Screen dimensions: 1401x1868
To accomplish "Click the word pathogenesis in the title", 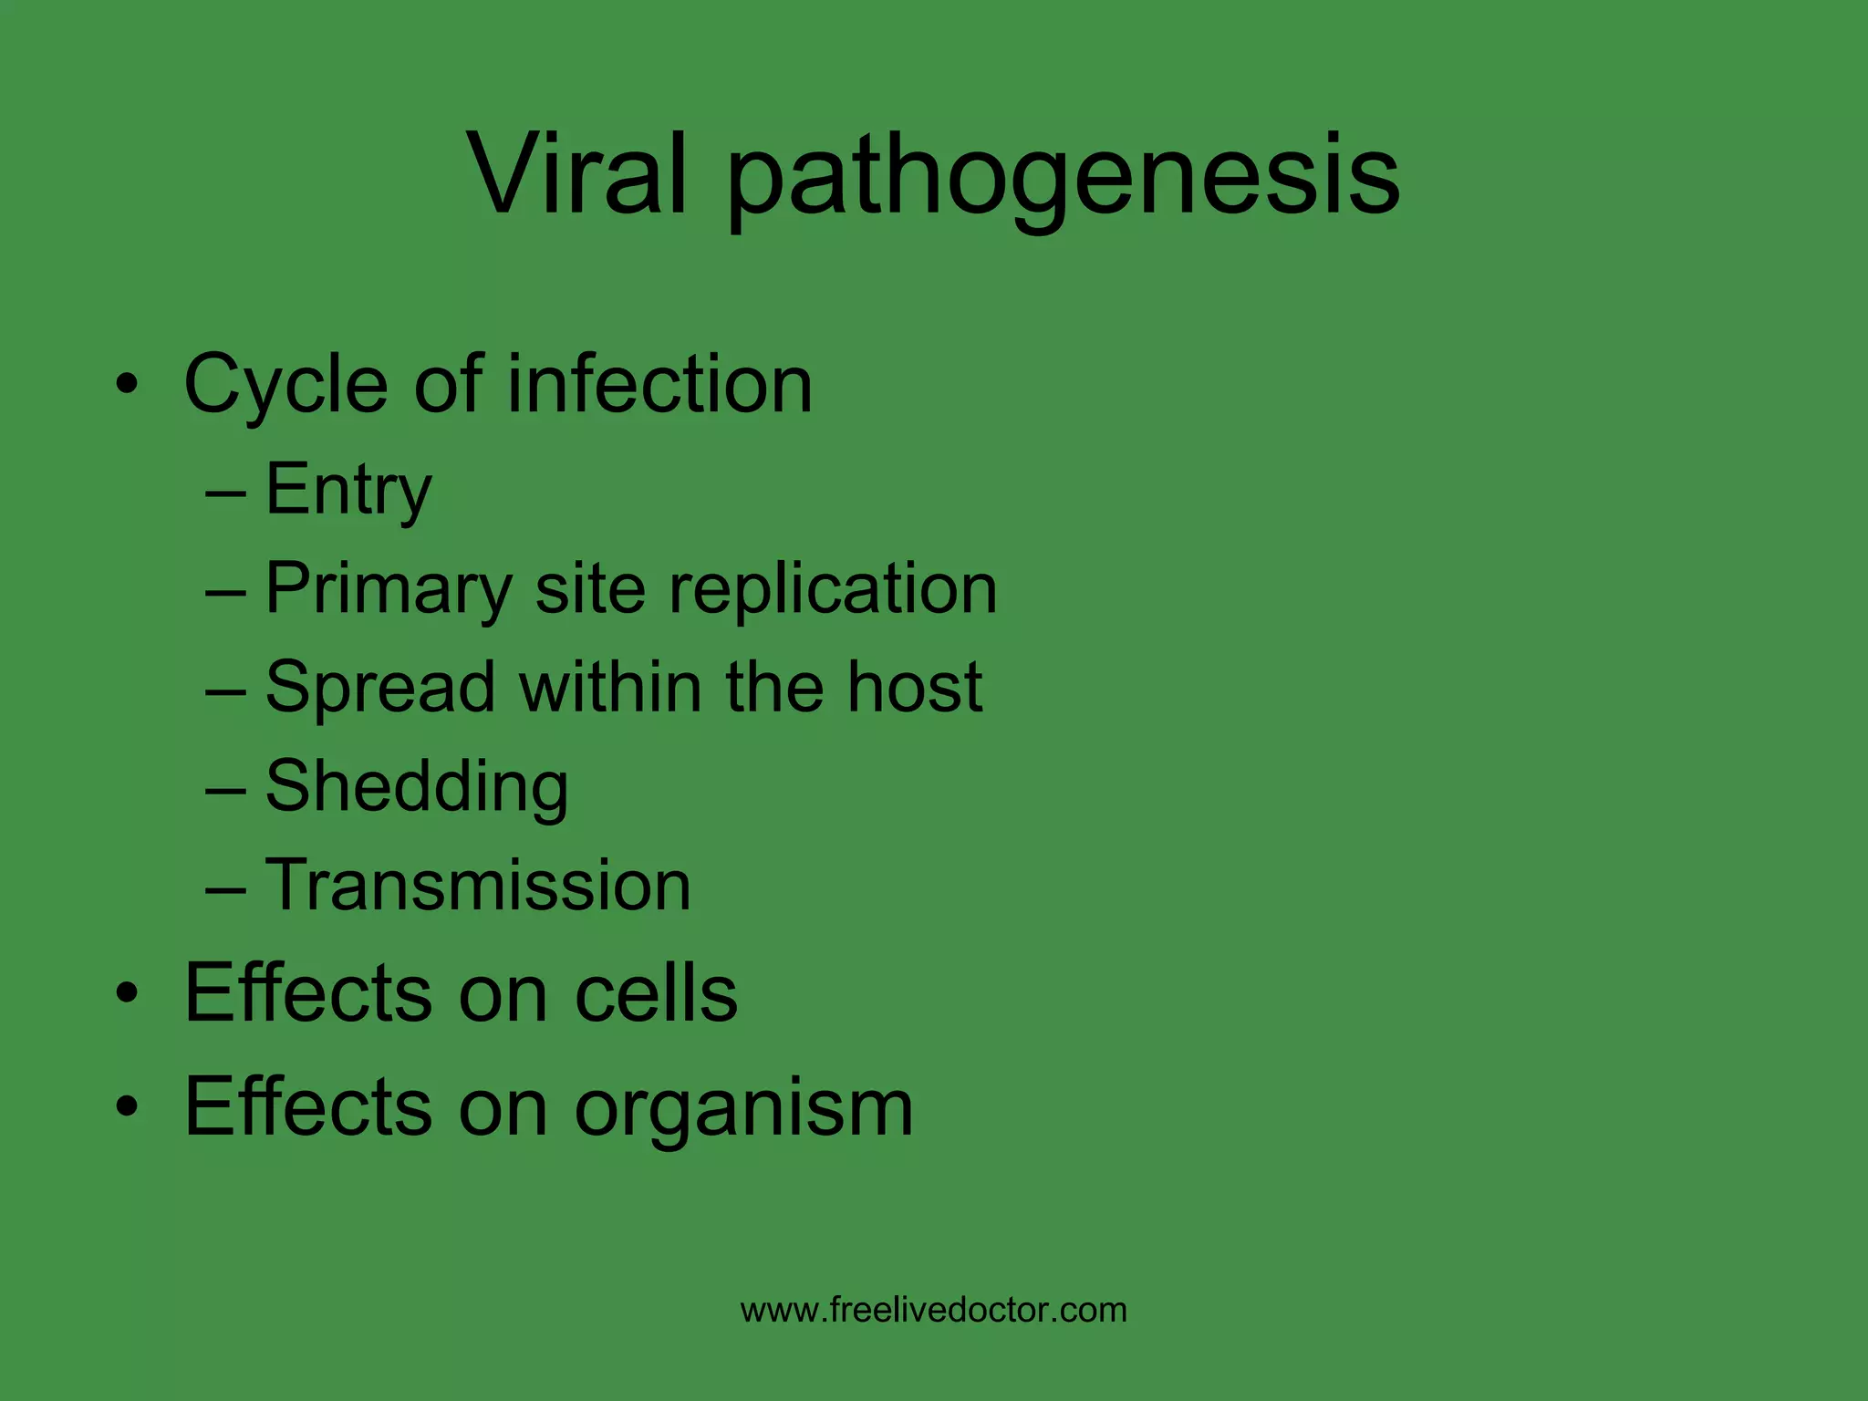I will coord(1063,178).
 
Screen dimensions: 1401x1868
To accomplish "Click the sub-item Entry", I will coord(348,491).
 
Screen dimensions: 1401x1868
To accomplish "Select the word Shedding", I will coord(417,786).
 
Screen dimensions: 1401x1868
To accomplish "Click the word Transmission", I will coord(478,885).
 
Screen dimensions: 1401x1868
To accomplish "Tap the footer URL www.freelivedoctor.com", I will coord(934,1310).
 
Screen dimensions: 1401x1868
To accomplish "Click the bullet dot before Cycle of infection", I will coord(128,385).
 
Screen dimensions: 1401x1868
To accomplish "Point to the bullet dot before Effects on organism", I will coord(128,1107).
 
